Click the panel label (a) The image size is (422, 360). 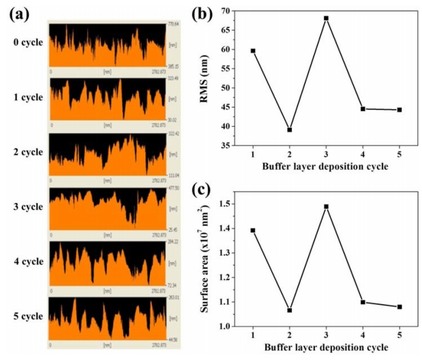(x=16, y=14)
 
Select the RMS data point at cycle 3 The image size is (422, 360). (x=326, y=18)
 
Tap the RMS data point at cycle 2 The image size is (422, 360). (x=289, y=130)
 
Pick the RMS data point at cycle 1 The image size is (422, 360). (x=253, y=50)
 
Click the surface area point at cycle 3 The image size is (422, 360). (x=326, y=206)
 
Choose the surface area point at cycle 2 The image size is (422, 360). (x=289, y=310)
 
